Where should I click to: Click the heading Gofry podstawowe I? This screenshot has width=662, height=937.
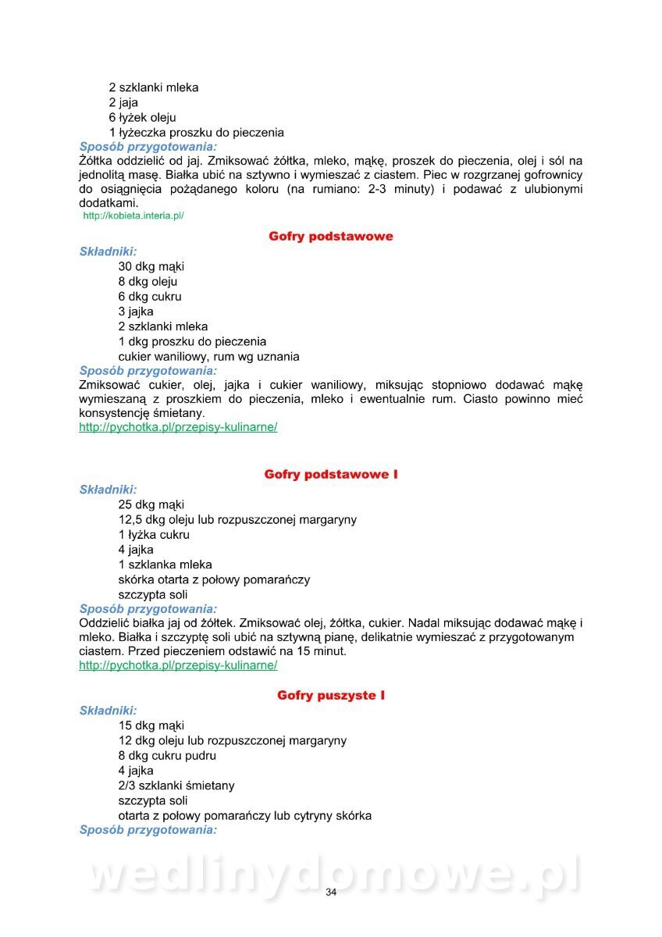tap(331, 474)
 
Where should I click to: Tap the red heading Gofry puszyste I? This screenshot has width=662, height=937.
tap(331, 695)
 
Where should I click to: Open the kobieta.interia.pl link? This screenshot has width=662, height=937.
tap(133, 216)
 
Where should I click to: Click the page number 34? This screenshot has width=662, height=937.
tap(331, 892)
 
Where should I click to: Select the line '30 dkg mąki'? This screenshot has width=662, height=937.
tap(151, 266)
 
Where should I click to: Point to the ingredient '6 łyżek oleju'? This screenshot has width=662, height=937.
tap(142, 117)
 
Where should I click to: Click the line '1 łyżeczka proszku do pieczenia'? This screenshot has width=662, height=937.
tap(196, 132)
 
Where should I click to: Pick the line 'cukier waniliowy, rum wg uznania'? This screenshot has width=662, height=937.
tap(208, 356)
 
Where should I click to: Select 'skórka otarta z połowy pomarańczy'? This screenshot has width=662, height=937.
tap(214, 579)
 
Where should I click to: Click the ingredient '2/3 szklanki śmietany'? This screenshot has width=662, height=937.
tap(176, 786)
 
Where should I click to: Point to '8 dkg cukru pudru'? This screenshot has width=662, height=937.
tap(167, 756)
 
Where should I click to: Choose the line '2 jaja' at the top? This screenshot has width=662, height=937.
tap(124, 102)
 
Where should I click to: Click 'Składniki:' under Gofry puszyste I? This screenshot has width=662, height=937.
tap(108, 711)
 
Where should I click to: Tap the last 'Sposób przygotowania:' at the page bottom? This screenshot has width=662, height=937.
tap(148, 830)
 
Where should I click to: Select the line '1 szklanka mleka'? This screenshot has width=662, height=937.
tap(165, 565)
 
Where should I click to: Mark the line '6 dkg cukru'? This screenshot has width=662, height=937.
tap(150, 296)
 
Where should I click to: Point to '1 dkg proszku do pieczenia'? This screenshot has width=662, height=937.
tap(192, 341)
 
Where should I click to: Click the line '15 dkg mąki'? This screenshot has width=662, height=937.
tap(151, 725)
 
